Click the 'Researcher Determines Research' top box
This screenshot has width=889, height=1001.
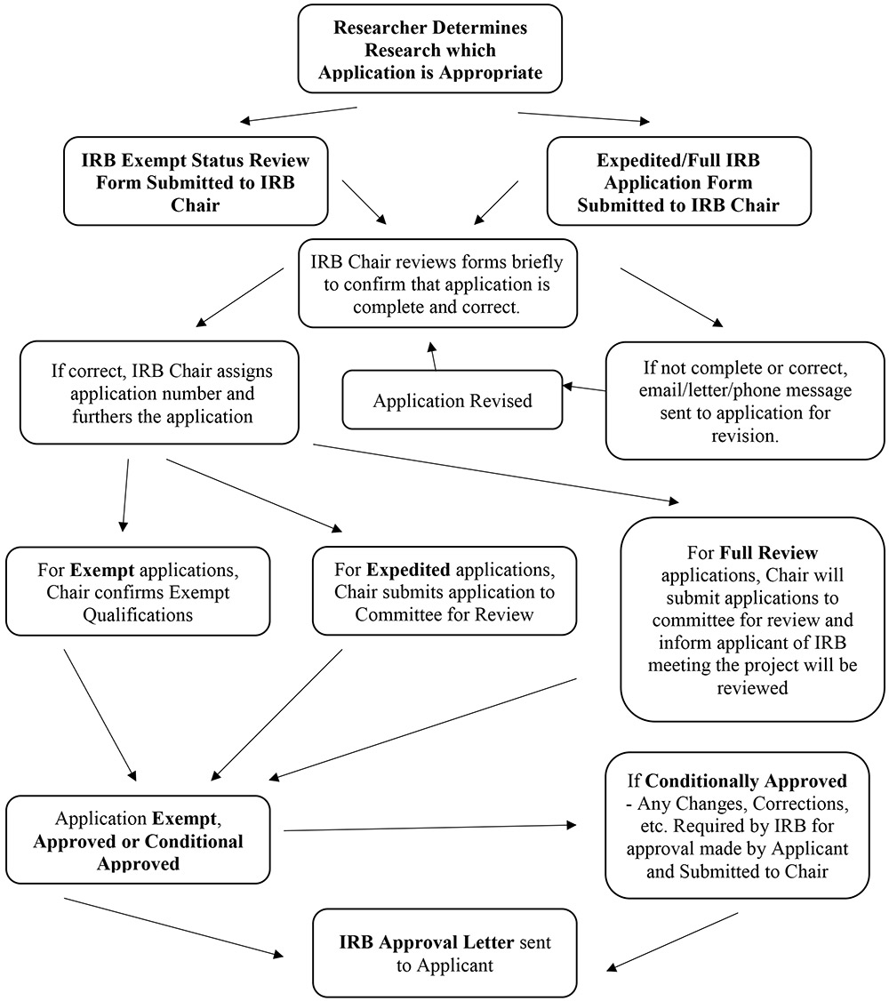point(430,49)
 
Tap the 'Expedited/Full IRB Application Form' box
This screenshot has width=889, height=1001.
point(678,182)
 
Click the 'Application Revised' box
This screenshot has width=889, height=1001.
point(453,401)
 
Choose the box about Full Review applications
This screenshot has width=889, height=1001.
point(753,620)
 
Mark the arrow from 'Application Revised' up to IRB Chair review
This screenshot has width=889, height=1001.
point(434,355)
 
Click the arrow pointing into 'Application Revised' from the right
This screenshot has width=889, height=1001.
point(583,388)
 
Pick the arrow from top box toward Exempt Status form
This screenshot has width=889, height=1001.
point(298,116)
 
